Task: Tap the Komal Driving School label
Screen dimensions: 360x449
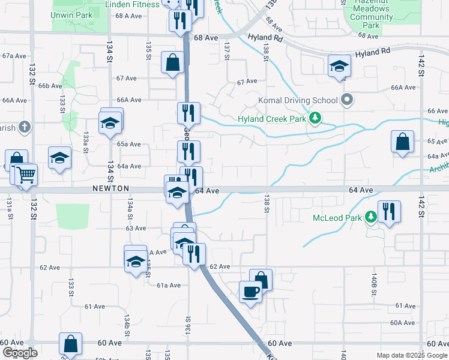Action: click(x=297, y=100)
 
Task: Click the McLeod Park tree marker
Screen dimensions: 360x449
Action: click(x=372, y=216)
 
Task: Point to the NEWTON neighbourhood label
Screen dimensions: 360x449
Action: click(x=110, y=188)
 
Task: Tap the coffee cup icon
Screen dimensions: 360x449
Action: click(x=250, y=292)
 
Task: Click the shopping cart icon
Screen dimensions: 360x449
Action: click(x=26, y=175)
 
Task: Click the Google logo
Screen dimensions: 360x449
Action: click(x=19, y=353)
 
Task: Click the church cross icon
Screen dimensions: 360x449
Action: click(x=24, y=127)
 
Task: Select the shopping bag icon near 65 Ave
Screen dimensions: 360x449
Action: click(x=402, y=142)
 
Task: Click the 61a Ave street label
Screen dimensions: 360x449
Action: click(x=169, y=286)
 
